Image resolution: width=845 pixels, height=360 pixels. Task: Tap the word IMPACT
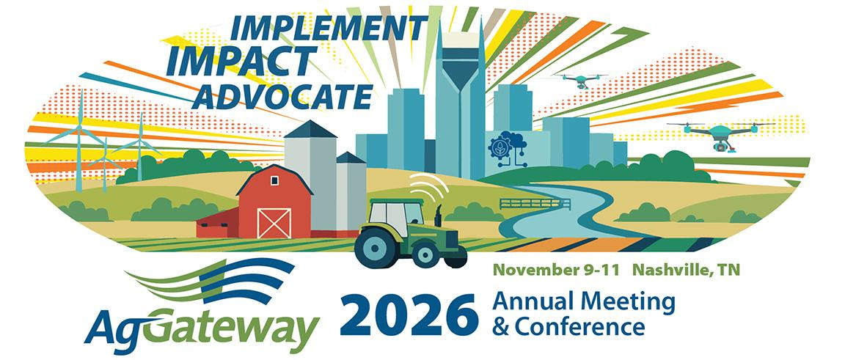(x=241, y=62)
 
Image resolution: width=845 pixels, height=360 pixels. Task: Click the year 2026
(x=409, y=315)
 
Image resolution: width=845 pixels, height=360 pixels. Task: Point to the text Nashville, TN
(x=686, y=270)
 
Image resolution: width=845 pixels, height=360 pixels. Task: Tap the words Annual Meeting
(x=584, y=304)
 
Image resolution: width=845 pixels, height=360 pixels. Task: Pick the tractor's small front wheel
(x=426, y=254)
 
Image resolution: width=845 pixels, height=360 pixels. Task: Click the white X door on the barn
(x=274, y=223)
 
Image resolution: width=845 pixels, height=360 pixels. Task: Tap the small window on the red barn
(x=275, y=180)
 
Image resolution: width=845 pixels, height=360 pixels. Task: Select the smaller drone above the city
(x=580, y=81)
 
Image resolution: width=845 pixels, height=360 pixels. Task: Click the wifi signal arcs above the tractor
(x=430, y=186)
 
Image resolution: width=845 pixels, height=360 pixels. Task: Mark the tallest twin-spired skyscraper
(x=460, y=103)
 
